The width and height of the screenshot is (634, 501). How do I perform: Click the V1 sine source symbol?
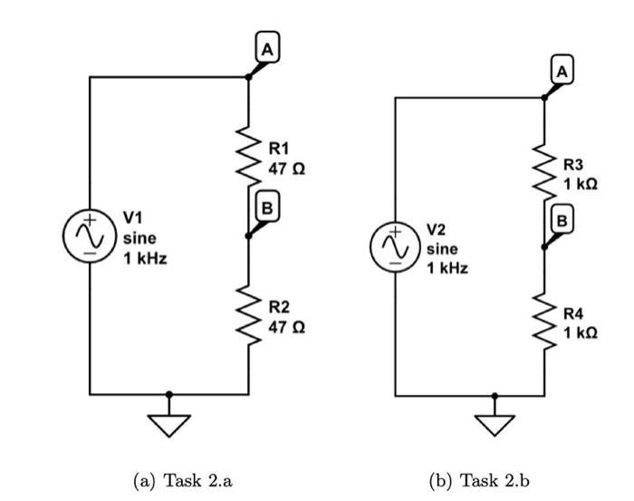(x=90, y=236)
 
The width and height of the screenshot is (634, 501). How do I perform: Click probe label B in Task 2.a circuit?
(x=266, y=207)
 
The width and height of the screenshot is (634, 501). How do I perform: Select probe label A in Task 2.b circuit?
(x=563, y=69)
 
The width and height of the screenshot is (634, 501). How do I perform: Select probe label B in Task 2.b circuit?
(x=562, y=218)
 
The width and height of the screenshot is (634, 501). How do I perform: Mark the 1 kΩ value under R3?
(x=580, y=184)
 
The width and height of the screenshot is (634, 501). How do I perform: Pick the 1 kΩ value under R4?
(x=580, y=333)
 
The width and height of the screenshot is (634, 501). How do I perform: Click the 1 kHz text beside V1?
(x=146, y=259)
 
